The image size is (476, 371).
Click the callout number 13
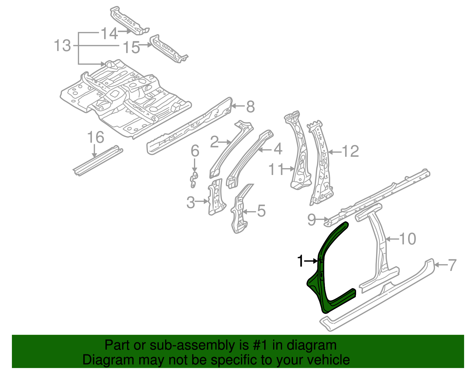click(x=62, y=46)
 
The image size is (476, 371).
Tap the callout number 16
click(x=95, y=137)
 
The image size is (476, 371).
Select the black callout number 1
click(x=301, y=261)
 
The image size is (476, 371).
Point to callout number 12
click(x=350, y=151)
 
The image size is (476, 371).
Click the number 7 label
click(x=452, y=265)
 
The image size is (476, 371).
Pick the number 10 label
click(x=407, y=239)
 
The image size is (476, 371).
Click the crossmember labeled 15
click(x=168, y=49)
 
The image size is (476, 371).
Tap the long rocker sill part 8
click(x=190, y=125)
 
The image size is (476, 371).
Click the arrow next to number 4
click(x=265, y=150)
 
